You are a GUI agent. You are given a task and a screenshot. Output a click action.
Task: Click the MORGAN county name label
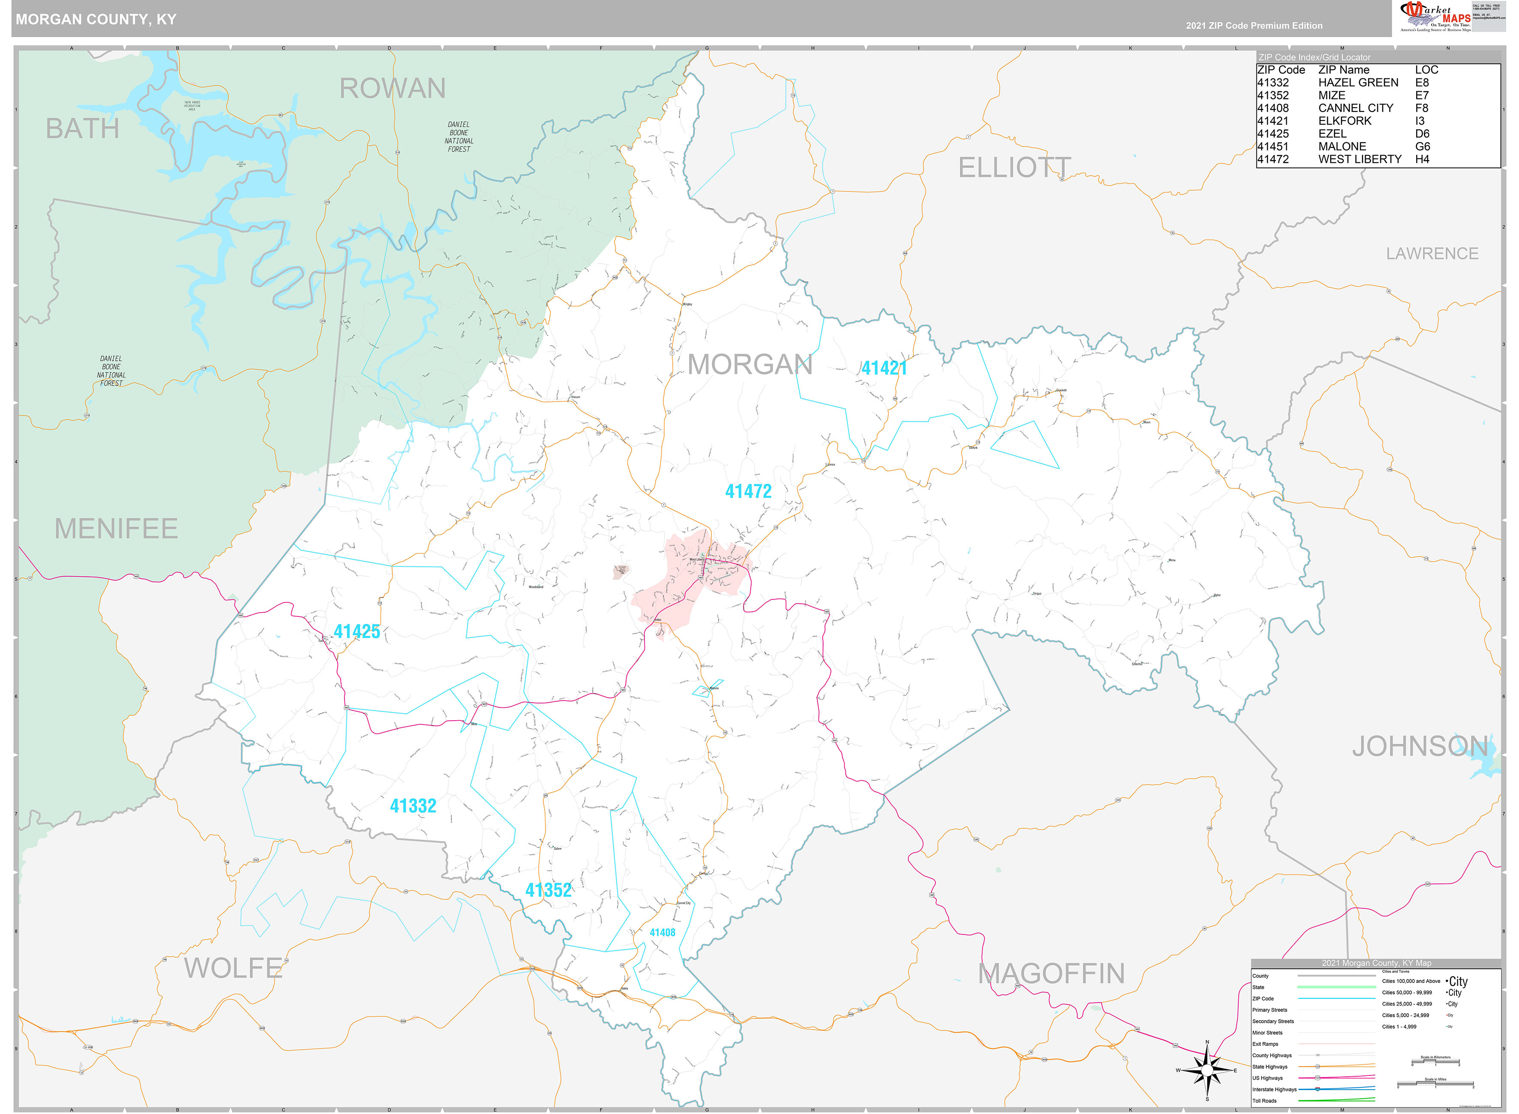pos(750,365)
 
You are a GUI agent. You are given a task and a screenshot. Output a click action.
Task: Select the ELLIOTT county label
pos(1013,168)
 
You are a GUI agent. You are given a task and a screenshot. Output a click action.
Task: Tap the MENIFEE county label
pos(116,529)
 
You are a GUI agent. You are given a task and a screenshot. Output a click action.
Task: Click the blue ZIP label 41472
pos(748,491)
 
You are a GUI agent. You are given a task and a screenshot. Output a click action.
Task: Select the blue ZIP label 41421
pos(884,368)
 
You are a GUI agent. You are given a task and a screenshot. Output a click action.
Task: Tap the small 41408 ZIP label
pos(662,933)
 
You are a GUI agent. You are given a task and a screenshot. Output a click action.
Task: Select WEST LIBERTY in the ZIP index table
pos(1359,159)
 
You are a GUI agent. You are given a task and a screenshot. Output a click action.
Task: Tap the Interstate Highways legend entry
pos(1273,1089)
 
